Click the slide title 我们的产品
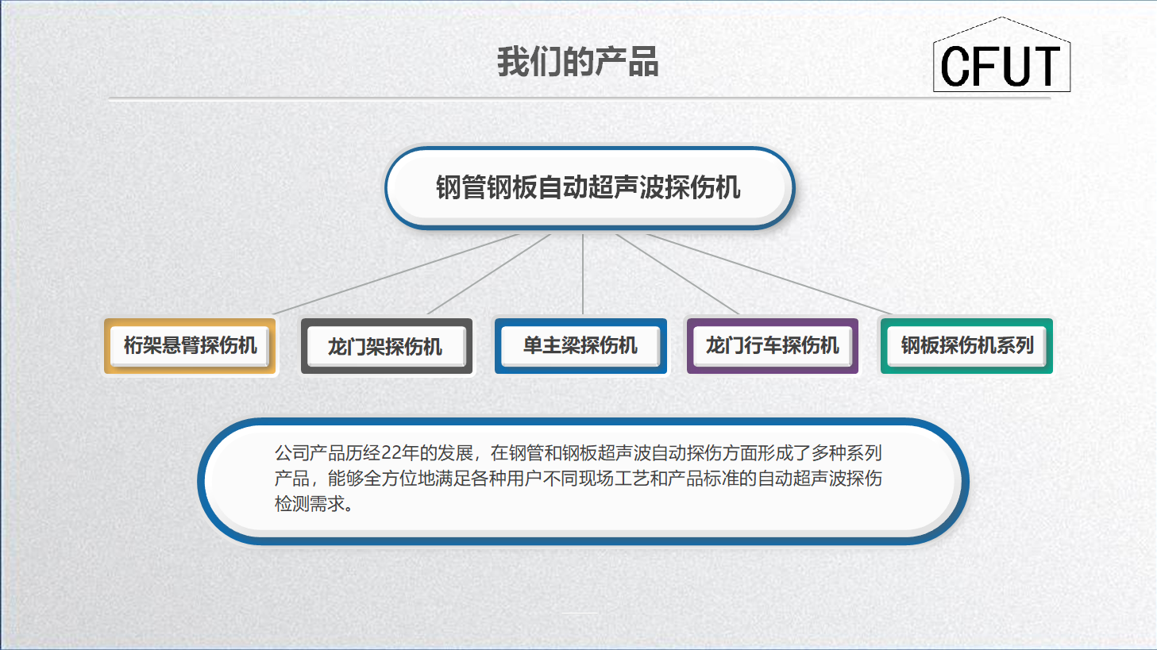[x=577, y=62]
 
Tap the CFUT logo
[x=1001, y=55]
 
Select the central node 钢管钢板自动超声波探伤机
[x=589, y=187]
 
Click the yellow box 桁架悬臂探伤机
[x=190, y=345]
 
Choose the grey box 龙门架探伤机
[x=387, y=346]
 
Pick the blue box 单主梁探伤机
[x=580, y=345]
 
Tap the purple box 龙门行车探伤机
[x=772, y=345]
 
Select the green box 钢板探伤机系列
[x=966, y=345]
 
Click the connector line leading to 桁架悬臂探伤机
[x=396, y=274]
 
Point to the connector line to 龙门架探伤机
[x=489, y=274]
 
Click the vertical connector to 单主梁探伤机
[x=583, y=274]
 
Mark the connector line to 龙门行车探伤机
[x=677, y=274]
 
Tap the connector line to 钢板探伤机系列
[x=769, y=274]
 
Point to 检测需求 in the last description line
[x=310, y=504]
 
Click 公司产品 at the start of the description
[x=310, y=453]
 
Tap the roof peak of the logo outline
[x=1002, y=17]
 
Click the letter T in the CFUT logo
[x=1046, y=66]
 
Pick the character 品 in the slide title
[x=643, y=62]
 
